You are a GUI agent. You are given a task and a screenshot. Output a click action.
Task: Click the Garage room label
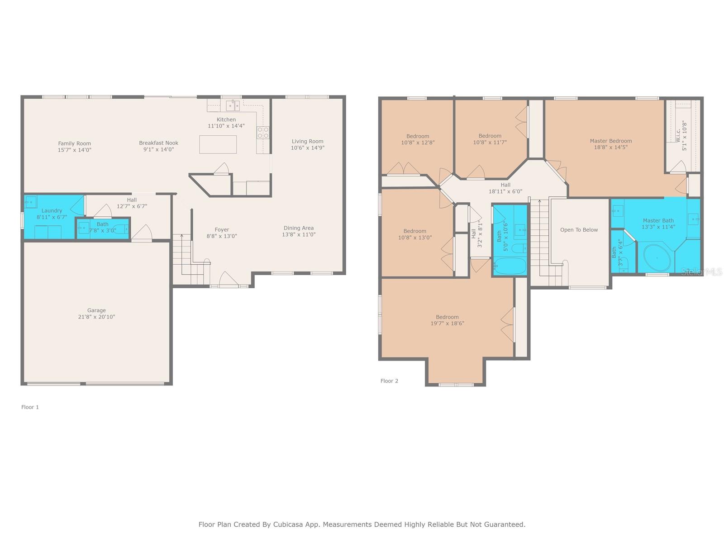96,310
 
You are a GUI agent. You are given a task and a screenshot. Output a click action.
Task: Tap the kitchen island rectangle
218,144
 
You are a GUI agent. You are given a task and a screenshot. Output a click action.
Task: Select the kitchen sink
233,106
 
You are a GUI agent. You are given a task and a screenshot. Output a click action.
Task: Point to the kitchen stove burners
263,132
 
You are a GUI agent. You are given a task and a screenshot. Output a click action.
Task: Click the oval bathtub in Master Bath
657,258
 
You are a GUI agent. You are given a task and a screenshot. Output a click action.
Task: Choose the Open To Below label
579,230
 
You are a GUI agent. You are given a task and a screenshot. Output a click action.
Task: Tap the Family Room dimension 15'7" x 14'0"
75,150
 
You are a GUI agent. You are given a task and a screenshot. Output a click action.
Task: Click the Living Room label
307,141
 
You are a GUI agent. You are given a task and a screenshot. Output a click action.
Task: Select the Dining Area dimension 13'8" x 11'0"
299,234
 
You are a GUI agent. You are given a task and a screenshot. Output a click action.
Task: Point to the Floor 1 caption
30,407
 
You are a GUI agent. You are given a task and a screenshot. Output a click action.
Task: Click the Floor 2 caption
389,381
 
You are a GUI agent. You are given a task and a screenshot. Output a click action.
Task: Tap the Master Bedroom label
611,141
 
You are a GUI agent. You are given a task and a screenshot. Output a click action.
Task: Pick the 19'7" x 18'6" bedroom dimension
447,324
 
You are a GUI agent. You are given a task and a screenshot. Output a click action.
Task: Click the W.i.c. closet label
678,135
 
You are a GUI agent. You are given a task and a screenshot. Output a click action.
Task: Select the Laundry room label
52,210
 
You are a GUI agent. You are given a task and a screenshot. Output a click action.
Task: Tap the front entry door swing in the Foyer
228,279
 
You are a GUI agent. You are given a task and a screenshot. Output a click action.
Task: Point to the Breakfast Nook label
159,143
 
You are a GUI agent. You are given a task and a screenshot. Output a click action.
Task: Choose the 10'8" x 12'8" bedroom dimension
418,143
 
